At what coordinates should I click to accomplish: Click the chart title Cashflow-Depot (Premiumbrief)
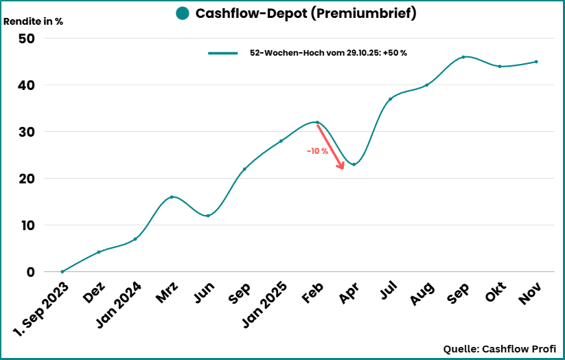(x=305, y=14)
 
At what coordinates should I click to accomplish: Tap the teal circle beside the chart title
(x=182, y=14)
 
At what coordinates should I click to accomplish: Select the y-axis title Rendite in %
(x=34, y=21)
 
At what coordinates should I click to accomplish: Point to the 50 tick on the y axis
(x=26, y=38)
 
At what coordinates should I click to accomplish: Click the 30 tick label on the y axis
(x=26, y=132)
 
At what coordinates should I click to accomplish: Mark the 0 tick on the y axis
(x=30, y=272)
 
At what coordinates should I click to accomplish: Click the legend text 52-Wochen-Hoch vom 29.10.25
(x=328, y=53)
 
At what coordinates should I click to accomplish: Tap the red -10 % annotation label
(x=317, y=151)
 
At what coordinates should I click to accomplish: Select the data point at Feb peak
(x=317, y=122)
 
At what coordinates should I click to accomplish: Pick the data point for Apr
(x=354, y=164)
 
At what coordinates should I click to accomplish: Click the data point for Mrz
(x=172, y=197)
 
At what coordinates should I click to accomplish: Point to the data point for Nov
(x=536, y=62)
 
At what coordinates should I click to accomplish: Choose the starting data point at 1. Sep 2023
(x=62, y=272)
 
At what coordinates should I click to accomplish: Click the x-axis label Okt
(x=494, y=294)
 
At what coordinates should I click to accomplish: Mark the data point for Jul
(x=390, y=99)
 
